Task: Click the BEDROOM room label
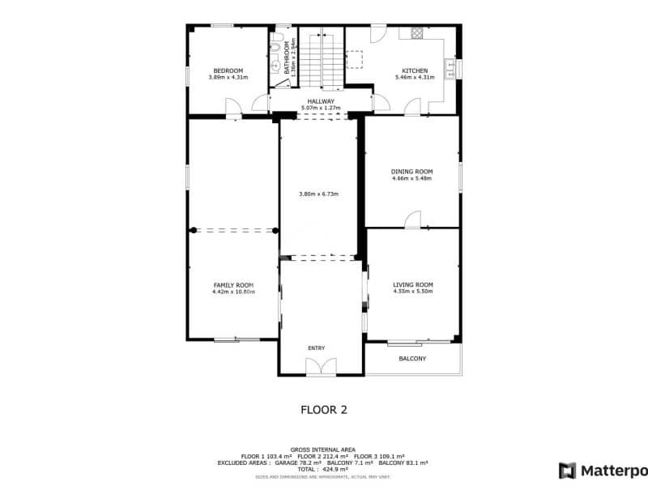(x=228, y=70)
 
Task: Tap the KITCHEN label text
(x=415, y=70)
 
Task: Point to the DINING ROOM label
(x=411, y=172)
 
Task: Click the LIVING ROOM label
(x=412, y=284)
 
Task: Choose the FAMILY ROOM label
(x=233, y=284)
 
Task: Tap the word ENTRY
(x=316, y=347)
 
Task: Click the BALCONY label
(x=412, y=358)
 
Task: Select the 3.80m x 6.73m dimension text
(x=318, y=194)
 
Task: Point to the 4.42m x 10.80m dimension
(x=233, y=292)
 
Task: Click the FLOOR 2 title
(x=323, y=410)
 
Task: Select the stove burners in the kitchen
(x=417, y=33)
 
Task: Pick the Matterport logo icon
(x=568, y=470)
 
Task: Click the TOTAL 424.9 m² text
(x=322, y=469)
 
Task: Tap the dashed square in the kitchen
(x=355, y=59)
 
